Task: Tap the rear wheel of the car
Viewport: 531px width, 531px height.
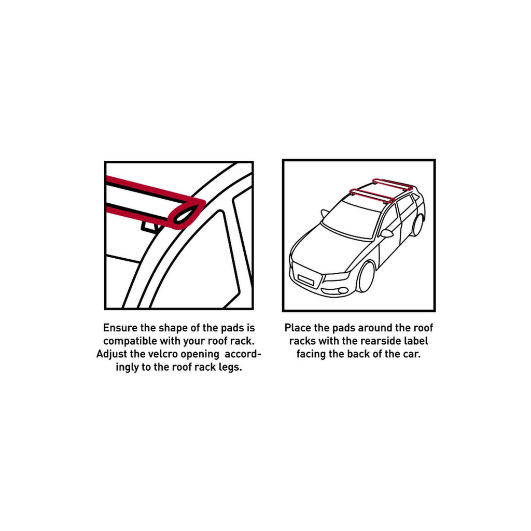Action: point(417,225)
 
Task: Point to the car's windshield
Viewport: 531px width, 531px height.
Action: point(352,218)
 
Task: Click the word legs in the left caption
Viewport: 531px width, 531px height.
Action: point(231,367)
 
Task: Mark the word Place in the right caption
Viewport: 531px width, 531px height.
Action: point(298,328)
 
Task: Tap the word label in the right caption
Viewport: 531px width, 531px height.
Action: point(417,341)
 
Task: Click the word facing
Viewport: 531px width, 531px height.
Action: point(312,354)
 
